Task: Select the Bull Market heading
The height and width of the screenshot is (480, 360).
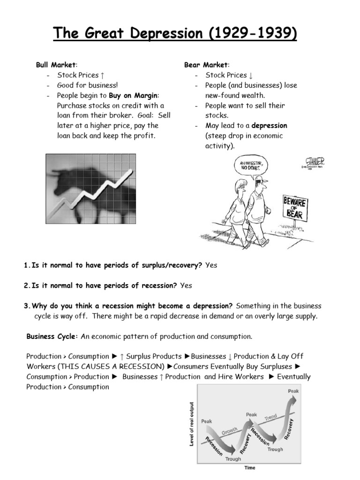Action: click(56, 65)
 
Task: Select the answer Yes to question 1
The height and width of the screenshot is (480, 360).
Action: click(211, 265)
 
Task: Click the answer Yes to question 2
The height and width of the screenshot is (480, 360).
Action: click(186, 285)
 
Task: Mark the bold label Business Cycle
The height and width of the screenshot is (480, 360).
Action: click(52, 337)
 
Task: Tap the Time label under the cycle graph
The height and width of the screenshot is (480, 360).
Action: click(249, 467)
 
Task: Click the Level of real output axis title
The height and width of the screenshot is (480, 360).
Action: click(192, 424)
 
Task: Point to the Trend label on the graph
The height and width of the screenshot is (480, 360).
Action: click(271, 417)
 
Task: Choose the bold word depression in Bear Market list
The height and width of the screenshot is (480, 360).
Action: click(270, 126)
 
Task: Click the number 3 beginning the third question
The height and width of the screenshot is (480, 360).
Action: click(26, 306)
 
